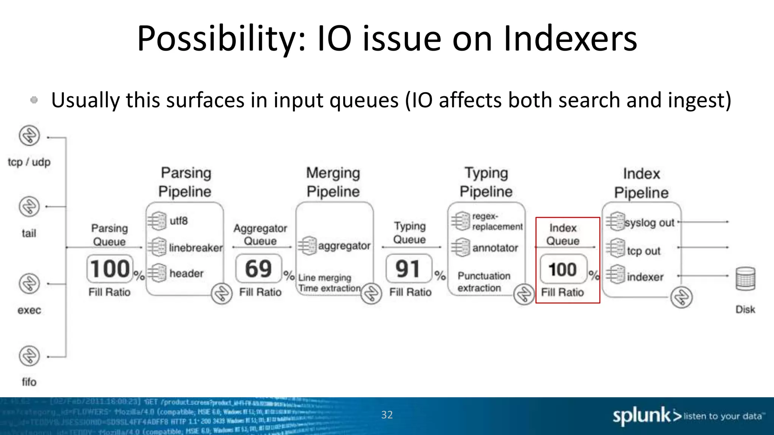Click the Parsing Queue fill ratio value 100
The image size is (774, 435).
tap(110, 269)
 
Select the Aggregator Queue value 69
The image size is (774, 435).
tap(259, 269)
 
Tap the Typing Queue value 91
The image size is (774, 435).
tap(408, 269)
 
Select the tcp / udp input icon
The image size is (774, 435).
tap(29, 136)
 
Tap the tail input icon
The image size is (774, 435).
tap(29, 207)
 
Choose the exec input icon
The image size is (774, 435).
tap(29, 284)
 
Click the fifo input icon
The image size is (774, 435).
tap(29, 356)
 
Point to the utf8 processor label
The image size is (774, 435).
tap(178, 221)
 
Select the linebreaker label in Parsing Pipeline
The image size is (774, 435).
tap(196, 248)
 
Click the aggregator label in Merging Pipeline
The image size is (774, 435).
tap(344, 246)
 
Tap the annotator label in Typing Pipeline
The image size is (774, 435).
tap(495, 248)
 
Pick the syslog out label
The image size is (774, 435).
tap(649, 223)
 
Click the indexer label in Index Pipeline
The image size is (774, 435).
tap(645, 277)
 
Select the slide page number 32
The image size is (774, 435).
tap(387, 415)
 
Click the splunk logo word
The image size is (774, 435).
tap(641, 416)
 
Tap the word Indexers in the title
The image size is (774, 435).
tap(570, 39)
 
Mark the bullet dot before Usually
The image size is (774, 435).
tap(34, 100)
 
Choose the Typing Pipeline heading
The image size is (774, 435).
tap(486, 182)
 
